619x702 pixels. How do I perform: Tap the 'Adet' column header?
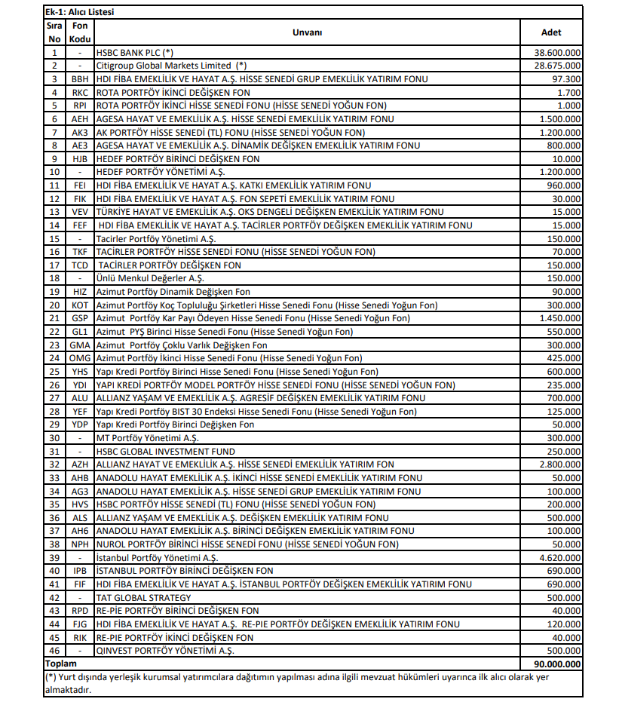pos(551,32)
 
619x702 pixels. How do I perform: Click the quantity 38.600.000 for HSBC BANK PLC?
pos(557,53)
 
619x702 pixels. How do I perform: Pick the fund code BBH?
pos(80,79)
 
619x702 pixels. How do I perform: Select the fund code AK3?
pos(80,132)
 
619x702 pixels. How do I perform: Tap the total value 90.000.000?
pos(557,664)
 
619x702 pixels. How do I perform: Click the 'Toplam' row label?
pos(61,664)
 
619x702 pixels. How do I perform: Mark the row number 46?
pos(54,651)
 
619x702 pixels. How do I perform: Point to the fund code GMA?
pos(80,345)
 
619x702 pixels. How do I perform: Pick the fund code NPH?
pos(80,544)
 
